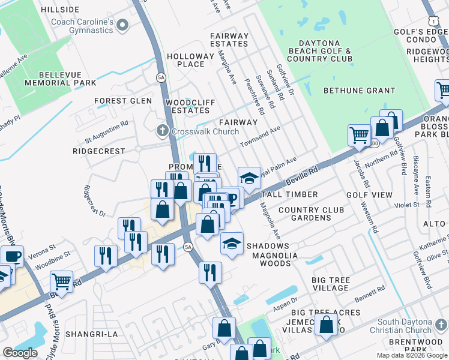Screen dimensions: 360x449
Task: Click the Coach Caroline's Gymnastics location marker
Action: (123, 25)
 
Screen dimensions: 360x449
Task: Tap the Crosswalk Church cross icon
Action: (161, 131)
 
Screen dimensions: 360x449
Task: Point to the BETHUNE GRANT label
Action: (359, 91)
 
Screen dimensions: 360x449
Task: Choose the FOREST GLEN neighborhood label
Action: (123, 101)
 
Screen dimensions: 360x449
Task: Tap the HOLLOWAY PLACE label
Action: (190, 60)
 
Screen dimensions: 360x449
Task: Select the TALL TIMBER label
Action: (289, 195)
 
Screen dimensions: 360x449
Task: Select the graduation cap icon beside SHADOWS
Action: (231, 244)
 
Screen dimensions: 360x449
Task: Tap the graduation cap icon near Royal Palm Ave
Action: (249, 178)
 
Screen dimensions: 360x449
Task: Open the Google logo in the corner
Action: (20, 353)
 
